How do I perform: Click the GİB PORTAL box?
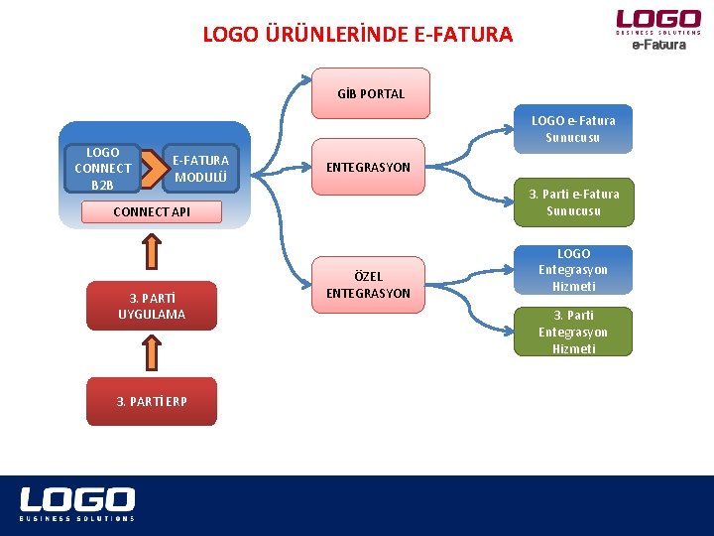[x=371, y=93]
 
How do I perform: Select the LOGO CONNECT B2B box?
[x=102, y=168]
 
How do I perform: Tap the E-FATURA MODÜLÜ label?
[x=200, y=168]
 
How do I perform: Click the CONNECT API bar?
[x=151, y=211]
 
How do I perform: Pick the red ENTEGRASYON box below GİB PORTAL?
[x=368, y=167]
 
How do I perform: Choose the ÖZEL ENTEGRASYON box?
[x=368, y=284]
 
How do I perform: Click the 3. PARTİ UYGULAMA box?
[x=151, y=306]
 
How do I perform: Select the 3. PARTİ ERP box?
[x=151, y=401]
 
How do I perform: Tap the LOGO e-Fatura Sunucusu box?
[x=573, y=129]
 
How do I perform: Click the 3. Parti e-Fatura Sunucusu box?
[x=573, y=202]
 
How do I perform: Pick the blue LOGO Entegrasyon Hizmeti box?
[x=573, y=270]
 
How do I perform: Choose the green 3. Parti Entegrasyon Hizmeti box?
[x=573, y=332]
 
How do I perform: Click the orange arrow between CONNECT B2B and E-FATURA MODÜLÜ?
[x=149, y=169]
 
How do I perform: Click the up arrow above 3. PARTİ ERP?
[x=151, y=350]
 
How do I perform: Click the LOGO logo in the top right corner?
[x=657, y=19]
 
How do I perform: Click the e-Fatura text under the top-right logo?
[x=658, y=45]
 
